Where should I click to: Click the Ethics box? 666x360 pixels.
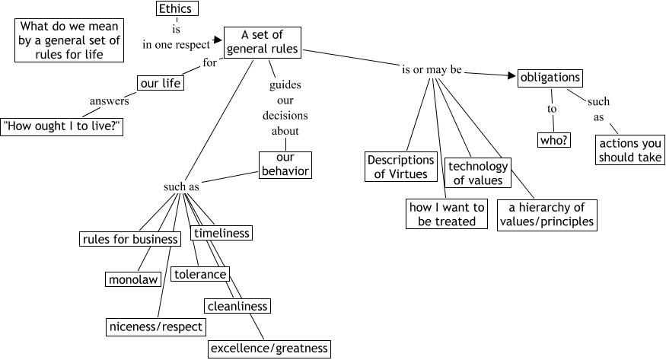pos(175,9)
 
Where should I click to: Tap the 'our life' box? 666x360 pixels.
pos(160,83)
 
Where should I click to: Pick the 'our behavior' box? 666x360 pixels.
pos(285,164)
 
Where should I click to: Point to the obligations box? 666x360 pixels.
pos(550,77)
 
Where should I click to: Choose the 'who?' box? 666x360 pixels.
pos(554,140)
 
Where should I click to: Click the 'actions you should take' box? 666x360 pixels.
pos(630,151)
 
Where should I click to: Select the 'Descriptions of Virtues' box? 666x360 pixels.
pos(400,167)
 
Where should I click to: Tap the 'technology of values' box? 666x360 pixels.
pos(478,173)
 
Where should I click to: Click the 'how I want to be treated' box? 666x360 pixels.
pos(448,214)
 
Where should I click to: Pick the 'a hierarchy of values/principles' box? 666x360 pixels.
pos(547,215)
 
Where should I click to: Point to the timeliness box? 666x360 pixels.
pos(221,233)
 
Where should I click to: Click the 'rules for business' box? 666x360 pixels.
pos(130,240)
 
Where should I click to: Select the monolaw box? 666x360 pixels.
pos(133,279)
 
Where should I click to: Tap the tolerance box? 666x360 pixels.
pos(200,274)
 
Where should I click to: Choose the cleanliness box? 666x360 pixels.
pos(237,306)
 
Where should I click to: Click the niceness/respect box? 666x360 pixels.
pos(156,327)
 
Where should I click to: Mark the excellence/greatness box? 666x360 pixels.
pos(269,349)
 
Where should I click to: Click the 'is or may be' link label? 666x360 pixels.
pos(432,70)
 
